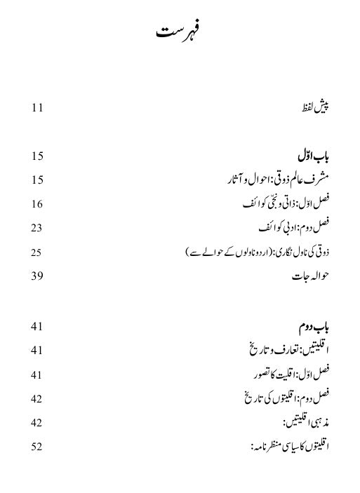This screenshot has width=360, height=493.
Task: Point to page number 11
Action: [37, 107]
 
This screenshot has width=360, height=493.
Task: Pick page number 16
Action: [37, 203]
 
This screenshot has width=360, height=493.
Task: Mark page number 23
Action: [37, 227]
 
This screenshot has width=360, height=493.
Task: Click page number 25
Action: [37, 251]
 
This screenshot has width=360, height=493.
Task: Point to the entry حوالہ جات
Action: [310, 276]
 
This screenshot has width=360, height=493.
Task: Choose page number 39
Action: [37, 276]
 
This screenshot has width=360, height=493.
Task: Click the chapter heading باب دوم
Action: [314, 326]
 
